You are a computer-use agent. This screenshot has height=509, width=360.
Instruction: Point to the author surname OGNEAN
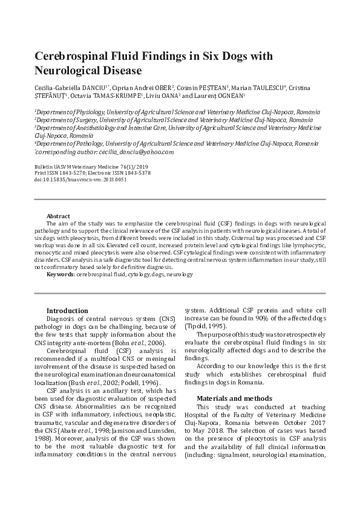(227, 96)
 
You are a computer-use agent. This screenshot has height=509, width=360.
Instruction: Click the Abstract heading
(58, 216)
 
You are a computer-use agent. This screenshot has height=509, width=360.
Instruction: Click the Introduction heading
(67, 311)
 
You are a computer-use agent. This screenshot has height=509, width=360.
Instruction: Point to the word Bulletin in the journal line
(44, 166)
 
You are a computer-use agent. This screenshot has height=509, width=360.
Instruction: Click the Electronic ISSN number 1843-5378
(136, 173)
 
